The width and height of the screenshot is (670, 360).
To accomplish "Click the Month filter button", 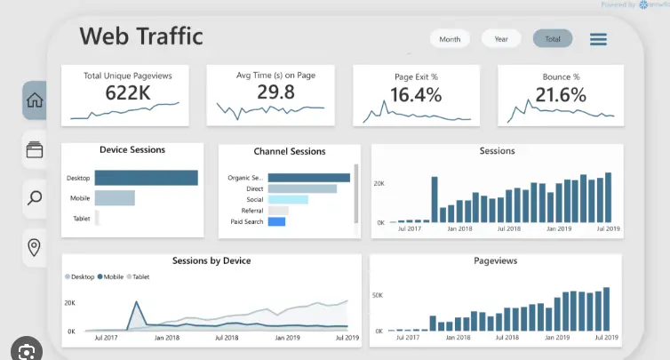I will (x=450, y=39).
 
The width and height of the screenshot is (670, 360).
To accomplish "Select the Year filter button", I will (x=501, y=39).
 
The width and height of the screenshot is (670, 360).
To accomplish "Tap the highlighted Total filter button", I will (x=553, y=39).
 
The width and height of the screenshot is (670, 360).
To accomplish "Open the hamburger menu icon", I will (x=598, y=39).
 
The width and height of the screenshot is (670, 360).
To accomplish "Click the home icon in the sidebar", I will (x=35, y=100).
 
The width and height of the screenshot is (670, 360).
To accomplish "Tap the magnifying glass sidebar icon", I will (x=35, y=197).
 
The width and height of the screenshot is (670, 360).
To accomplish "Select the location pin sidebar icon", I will (x=35, y=246).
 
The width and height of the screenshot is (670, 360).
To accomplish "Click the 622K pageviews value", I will (x=127, y=93).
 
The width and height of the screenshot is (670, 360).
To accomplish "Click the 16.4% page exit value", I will (x=416, y=94).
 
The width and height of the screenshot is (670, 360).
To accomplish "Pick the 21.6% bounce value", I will (x=561, y=94).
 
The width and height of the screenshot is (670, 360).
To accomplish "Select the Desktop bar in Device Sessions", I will (x=146, y=178).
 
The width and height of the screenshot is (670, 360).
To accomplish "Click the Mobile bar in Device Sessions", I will (x=115, y=198).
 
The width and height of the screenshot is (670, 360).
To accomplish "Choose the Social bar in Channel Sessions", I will (x=287, y=199).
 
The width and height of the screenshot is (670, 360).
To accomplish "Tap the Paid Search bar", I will (x=276, y=220).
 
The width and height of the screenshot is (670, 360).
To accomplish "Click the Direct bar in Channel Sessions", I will (x=302, y=188).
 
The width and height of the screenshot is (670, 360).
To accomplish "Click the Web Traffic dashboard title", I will (x=141, y=36).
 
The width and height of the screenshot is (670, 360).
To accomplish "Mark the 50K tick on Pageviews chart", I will (x=377, y=294).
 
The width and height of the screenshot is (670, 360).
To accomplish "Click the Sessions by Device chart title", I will (x=211, y=260).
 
